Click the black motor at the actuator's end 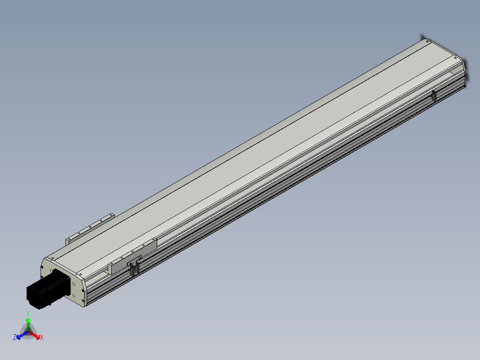click(48, 289)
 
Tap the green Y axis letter click(28, 314)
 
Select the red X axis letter click(42, 337)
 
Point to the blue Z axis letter click(15, 337)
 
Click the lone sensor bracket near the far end click(434, 96)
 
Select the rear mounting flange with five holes click(90, 229)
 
